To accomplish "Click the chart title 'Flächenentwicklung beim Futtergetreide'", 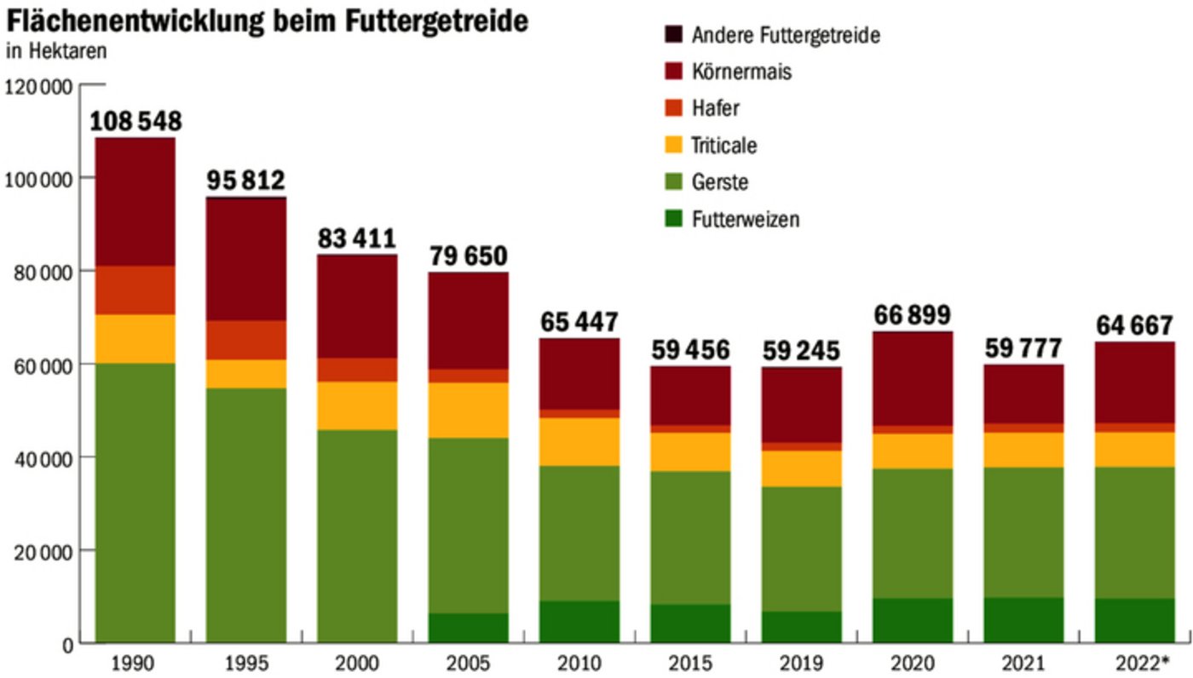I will (x=267, y=20).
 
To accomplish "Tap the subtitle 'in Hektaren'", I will (x=57, y=52).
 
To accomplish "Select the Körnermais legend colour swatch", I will (x=673, y=72).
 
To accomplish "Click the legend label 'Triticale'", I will (x=723, y=146).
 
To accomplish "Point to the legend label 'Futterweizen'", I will (x=745, y=219).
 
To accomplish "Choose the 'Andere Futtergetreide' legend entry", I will (x=785, y=35).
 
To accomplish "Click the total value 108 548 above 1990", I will (x=135, y=121).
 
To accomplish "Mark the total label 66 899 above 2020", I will (x=913, y=315).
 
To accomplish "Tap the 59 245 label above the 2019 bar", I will (x=801, y=351).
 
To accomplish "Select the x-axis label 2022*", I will (x=1135, y=663).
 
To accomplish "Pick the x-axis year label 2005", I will (x=468, y=663).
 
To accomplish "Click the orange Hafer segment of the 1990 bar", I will (x=135, y=290).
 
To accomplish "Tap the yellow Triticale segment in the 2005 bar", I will (x=468, y=410).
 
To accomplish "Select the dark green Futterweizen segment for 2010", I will (x=579, y=622).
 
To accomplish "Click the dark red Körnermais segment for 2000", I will (x=357, y=306).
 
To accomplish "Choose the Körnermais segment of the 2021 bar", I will (x=1023, y=394).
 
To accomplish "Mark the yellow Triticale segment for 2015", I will (x=690, y=451).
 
